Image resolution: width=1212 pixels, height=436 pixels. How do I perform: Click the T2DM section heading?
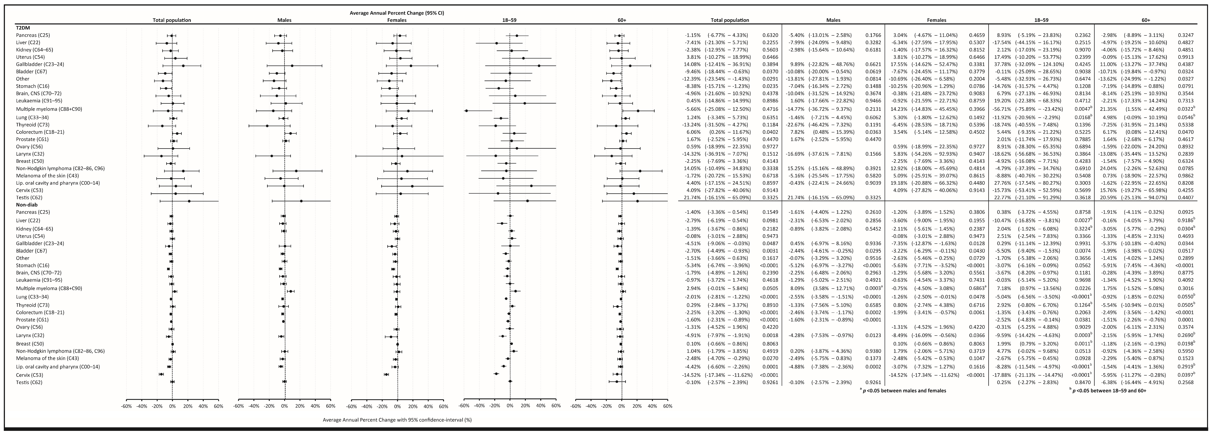coord(24,28)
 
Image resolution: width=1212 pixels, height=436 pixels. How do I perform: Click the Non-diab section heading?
coord(27,205)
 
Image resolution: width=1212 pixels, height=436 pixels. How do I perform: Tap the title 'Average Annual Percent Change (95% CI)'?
coord(397,13)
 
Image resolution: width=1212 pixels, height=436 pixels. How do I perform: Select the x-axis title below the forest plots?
coord(397,419)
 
